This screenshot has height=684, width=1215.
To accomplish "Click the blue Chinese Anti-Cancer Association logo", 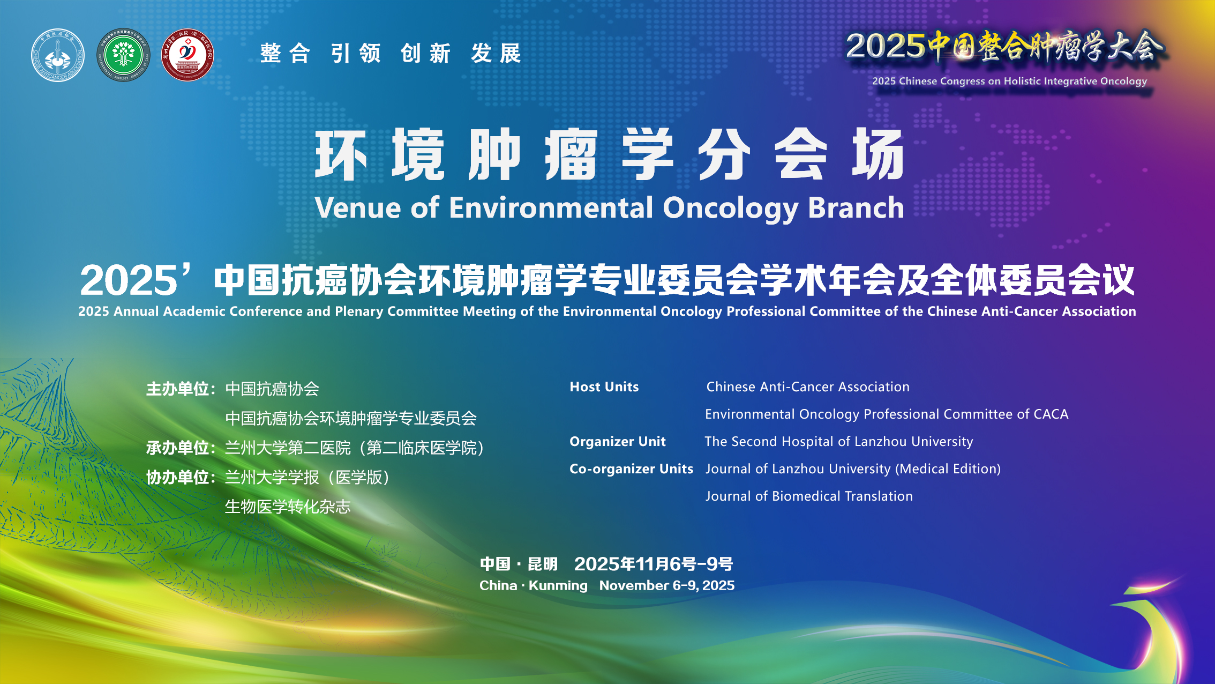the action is (58, 55).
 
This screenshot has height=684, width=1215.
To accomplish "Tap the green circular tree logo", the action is (123, 55).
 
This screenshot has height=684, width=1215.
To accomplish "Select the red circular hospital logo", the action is (187, 55).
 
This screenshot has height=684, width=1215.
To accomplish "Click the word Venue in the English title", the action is (358, 207).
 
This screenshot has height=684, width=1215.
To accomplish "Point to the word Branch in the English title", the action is (856, 207).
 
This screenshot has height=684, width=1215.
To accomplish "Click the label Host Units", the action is (604, 387).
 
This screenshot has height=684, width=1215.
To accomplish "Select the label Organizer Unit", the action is (618, 442).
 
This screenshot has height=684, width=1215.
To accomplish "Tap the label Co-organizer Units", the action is (632, 469).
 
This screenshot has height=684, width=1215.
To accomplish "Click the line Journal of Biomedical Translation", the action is (809, 496).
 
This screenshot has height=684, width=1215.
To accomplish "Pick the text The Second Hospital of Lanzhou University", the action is (839, 442).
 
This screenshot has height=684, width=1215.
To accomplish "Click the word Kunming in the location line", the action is (558, 585).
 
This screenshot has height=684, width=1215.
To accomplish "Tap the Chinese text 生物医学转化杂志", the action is (288, 507).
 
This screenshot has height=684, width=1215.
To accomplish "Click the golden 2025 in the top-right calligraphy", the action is (886, 46).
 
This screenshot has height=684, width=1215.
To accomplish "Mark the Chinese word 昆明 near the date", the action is (543, 564).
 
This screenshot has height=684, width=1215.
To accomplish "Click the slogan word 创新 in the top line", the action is (426, 54).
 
